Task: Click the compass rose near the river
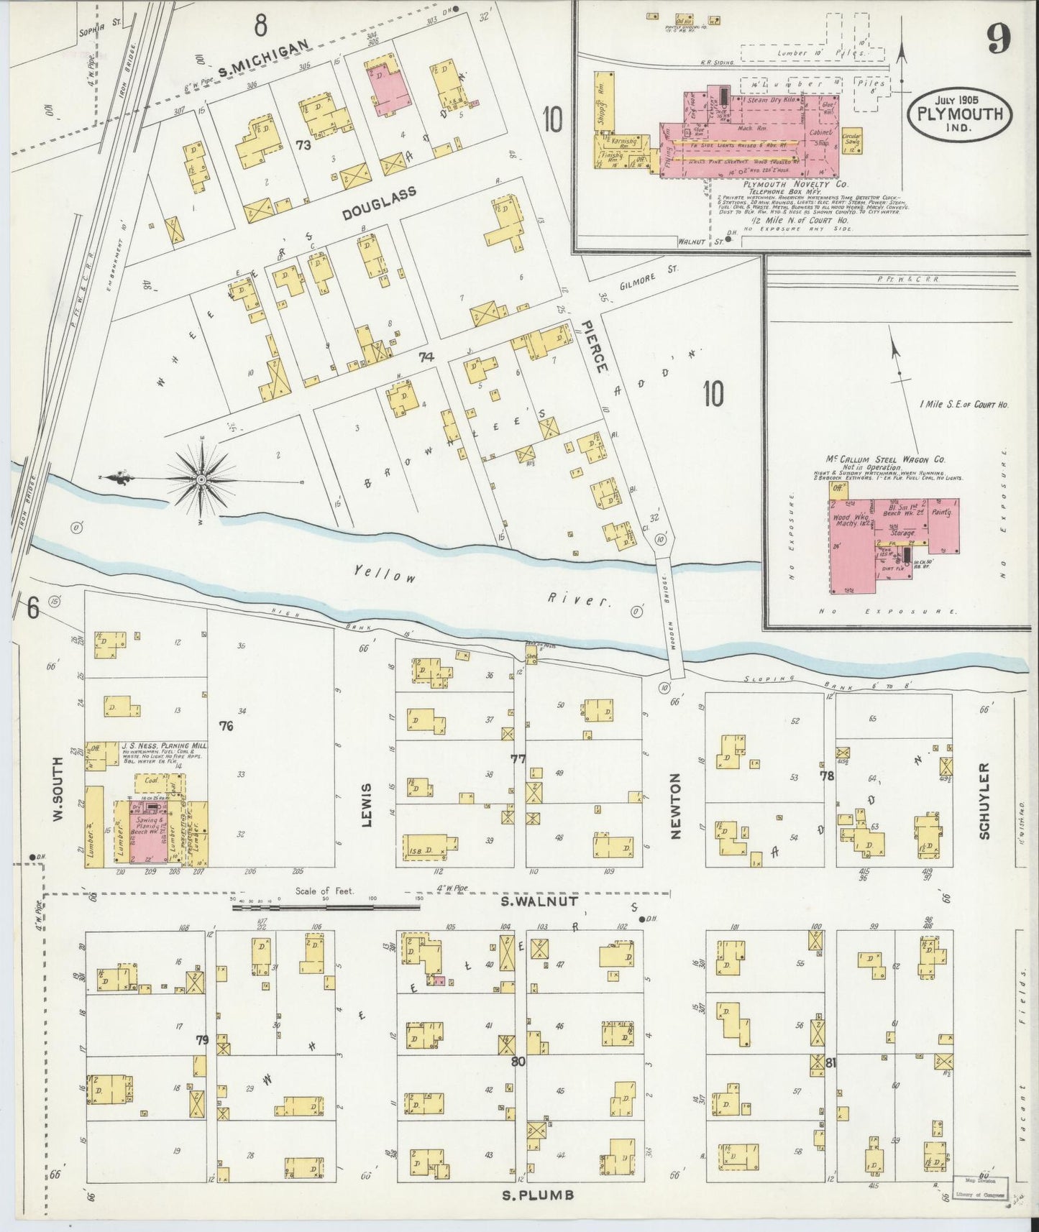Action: click(x=201, y=479)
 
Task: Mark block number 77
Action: click(x=518, y=758)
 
